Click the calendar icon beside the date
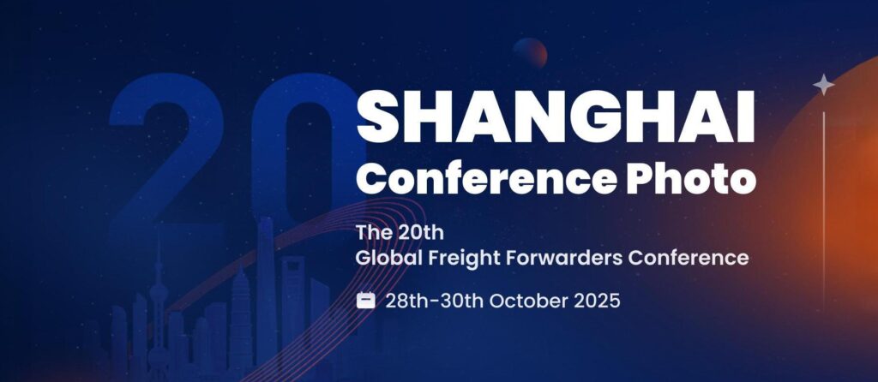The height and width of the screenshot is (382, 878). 366,301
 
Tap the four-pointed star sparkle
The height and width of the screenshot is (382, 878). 823,84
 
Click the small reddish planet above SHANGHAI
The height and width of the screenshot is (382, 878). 531,53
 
